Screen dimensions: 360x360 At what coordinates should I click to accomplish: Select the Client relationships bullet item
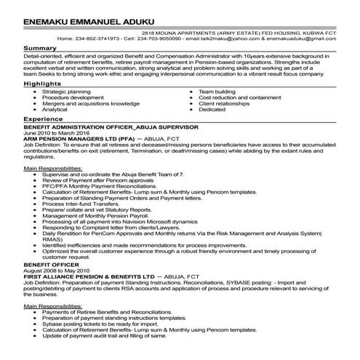pyautogui.click(x=227, y=103)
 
